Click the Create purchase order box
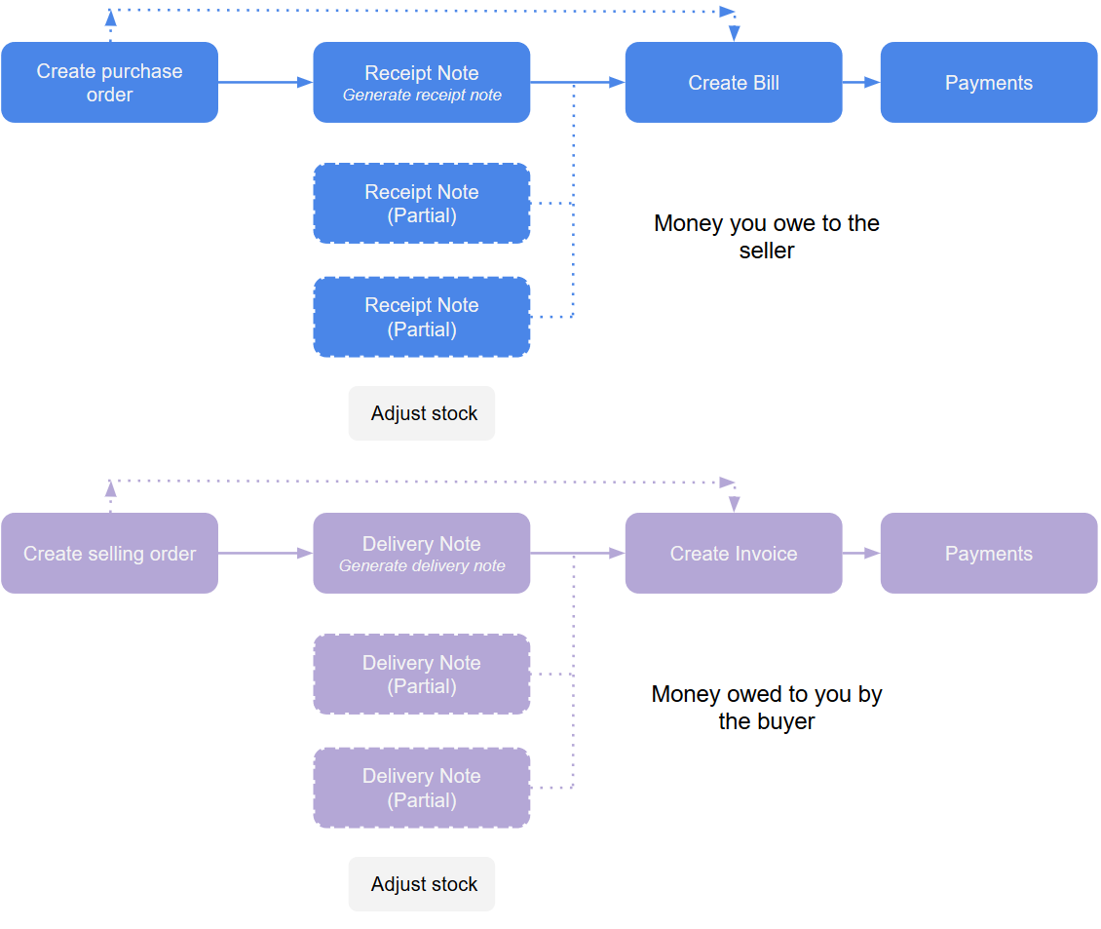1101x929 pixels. [109, 83]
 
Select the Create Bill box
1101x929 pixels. [733, 83]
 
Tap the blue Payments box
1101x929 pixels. [988, 83]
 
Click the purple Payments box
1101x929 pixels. [988, 554]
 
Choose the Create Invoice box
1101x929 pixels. [733, 554]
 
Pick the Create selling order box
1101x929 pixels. [109, 554]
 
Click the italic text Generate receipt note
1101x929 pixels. [422, 96]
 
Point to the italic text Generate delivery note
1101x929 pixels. [422, 566]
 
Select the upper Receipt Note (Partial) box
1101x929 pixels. [421, 204]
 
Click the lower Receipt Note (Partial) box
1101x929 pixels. [421, 317]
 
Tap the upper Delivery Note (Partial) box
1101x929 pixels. [421, 675]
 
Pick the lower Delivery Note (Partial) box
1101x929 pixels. [421, 788]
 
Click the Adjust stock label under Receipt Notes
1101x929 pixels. [423, 413]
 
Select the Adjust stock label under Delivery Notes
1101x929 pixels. [423, 884]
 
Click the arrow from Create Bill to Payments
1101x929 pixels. [861, 83]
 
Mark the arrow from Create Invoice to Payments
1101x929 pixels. [861, 554]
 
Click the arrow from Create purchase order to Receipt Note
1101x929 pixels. [265, 83]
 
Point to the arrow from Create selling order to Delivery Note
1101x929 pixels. [265, 554]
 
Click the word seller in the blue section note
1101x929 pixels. [767, 251]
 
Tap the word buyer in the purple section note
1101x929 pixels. [789, 721]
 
